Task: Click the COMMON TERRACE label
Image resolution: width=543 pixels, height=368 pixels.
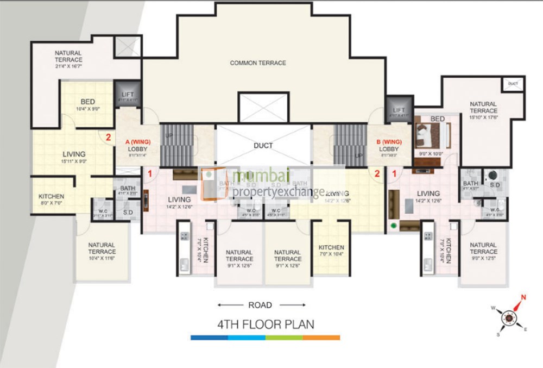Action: pos(257,63)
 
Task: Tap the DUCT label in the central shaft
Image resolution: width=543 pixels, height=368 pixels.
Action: pos(263,146)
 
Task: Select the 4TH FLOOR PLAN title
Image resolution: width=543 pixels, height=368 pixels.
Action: pos(266,325)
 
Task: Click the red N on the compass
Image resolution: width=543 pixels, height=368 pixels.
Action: pos(524,297)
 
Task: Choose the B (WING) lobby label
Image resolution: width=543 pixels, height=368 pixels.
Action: pos(389,145)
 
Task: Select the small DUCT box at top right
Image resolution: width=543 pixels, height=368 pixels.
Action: pos(513,84)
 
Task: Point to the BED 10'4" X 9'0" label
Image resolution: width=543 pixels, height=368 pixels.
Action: pos(88,105)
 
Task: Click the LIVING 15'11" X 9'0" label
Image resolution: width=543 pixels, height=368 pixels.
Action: pos(74,158)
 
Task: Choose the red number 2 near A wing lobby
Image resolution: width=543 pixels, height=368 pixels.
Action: pos(108,138)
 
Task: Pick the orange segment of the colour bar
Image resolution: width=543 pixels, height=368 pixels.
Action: pos(321,338)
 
